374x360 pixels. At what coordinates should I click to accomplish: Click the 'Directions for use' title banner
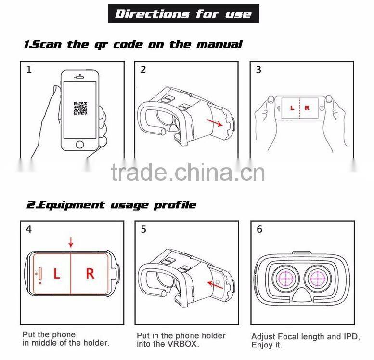[x=183, y=13]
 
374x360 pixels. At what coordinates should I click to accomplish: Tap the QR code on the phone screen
[x=80, y=108]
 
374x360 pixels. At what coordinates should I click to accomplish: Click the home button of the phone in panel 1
[x=80, y=144]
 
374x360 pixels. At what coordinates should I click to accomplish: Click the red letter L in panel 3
[x=292, y=108]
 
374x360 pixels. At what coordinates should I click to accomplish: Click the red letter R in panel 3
[x=307, y=108]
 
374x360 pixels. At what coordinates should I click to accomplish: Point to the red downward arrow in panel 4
[x=71, y=242]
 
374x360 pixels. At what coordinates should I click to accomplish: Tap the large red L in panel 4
[x=56, y=274]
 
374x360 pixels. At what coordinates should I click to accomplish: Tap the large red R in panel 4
[x=90, y=274]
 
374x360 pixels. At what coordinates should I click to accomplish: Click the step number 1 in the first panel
[x=29, y=70]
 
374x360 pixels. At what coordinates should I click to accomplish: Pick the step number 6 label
[x=259, y=229]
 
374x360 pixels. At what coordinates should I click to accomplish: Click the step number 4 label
[x=29, y=229]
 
